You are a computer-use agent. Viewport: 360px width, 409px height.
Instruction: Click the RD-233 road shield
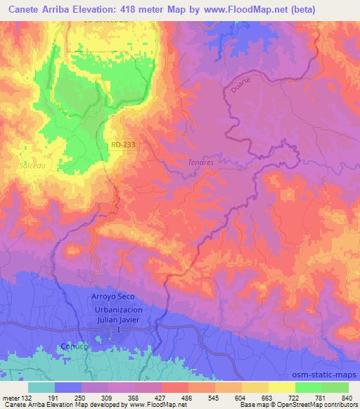(122, 143)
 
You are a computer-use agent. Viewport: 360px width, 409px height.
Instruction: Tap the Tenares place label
(201, 162)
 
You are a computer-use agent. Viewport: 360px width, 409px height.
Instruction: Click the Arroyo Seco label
(112, 297)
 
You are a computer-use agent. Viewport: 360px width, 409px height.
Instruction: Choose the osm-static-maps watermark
(328, 372)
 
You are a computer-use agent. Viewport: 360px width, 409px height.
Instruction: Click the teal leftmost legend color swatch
(41, 387)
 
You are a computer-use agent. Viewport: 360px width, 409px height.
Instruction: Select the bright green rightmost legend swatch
(335, 387)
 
